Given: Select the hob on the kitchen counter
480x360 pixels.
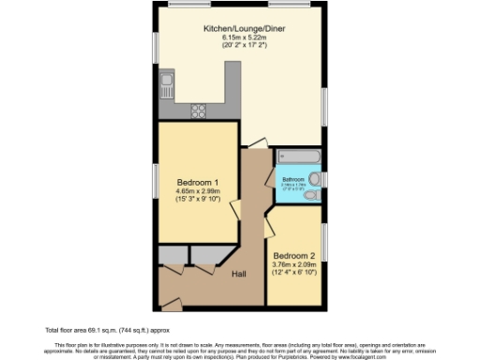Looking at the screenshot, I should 200,111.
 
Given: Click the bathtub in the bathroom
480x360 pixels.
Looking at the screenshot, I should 296,156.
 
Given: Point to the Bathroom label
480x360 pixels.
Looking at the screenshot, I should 292,178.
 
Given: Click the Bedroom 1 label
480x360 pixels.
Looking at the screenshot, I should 198,182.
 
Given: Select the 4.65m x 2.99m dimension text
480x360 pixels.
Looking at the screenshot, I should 198,190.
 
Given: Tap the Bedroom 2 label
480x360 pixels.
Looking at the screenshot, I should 293,255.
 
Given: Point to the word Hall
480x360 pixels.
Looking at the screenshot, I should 240,275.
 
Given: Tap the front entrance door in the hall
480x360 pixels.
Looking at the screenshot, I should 172,300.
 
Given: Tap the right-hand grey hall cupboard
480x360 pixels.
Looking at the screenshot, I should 203,255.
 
